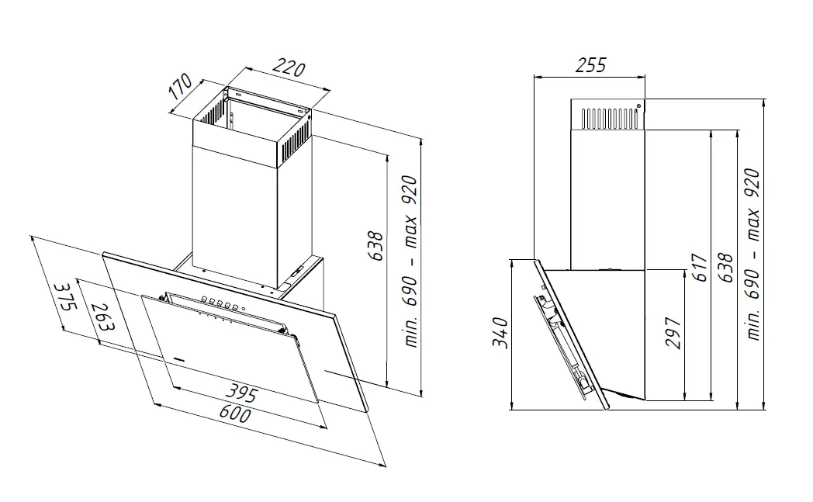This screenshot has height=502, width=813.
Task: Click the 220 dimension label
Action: [289, 68]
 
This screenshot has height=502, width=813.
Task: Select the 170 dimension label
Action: [181, 87]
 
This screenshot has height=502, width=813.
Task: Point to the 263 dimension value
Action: [102, 317]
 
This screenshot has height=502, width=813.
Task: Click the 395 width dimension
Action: [240, 393]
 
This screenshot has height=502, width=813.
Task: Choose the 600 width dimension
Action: [235, 414]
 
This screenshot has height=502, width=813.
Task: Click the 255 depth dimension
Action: [590, 65]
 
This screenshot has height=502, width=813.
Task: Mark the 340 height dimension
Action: [500, 333]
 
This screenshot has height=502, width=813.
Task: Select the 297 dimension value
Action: [673, 333]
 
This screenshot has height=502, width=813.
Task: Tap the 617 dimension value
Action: [700, 268]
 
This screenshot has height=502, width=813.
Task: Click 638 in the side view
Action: [725, 268]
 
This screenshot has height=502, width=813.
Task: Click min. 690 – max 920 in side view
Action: [752, 254]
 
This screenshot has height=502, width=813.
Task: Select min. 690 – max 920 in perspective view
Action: [410, 262]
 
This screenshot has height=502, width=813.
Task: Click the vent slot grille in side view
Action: [609, 118]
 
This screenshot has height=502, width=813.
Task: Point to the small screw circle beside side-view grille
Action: [638, 106]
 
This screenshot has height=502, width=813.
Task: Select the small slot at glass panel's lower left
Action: [179, 358]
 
